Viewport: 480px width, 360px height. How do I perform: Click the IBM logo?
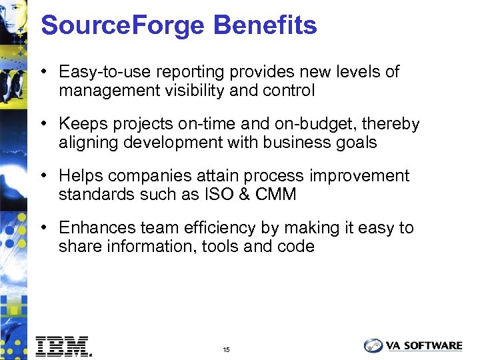tap(63, 345)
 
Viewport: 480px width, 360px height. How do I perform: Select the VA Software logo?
tap(413, 345)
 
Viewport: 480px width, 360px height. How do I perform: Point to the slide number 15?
tap(227, 349)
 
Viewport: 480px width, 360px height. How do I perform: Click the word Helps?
tap(79, 176)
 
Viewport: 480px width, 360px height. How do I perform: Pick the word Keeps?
tap(80, 124)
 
